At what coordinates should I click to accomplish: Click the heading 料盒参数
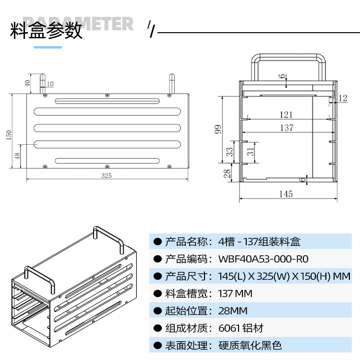tap(47, 31)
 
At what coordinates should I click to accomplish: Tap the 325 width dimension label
tap(107, 175)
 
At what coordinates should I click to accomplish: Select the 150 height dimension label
tap(8, 135)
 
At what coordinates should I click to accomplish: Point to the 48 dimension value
tap(18, 157)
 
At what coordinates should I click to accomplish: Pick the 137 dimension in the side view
tap(287, 128)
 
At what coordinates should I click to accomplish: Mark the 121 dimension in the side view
tap(286, 114)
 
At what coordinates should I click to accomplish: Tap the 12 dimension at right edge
tap(342, 98)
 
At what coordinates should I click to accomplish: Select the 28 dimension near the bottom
tap(227, 173)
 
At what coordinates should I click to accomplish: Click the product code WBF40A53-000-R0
tap(263, 259)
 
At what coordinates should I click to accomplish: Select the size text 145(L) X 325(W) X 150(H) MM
tap(285, 276)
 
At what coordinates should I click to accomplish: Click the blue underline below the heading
tap(48, 47)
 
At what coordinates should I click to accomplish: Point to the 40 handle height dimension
tap(27, 83)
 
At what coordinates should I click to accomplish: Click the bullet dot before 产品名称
tap(157, 242)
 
